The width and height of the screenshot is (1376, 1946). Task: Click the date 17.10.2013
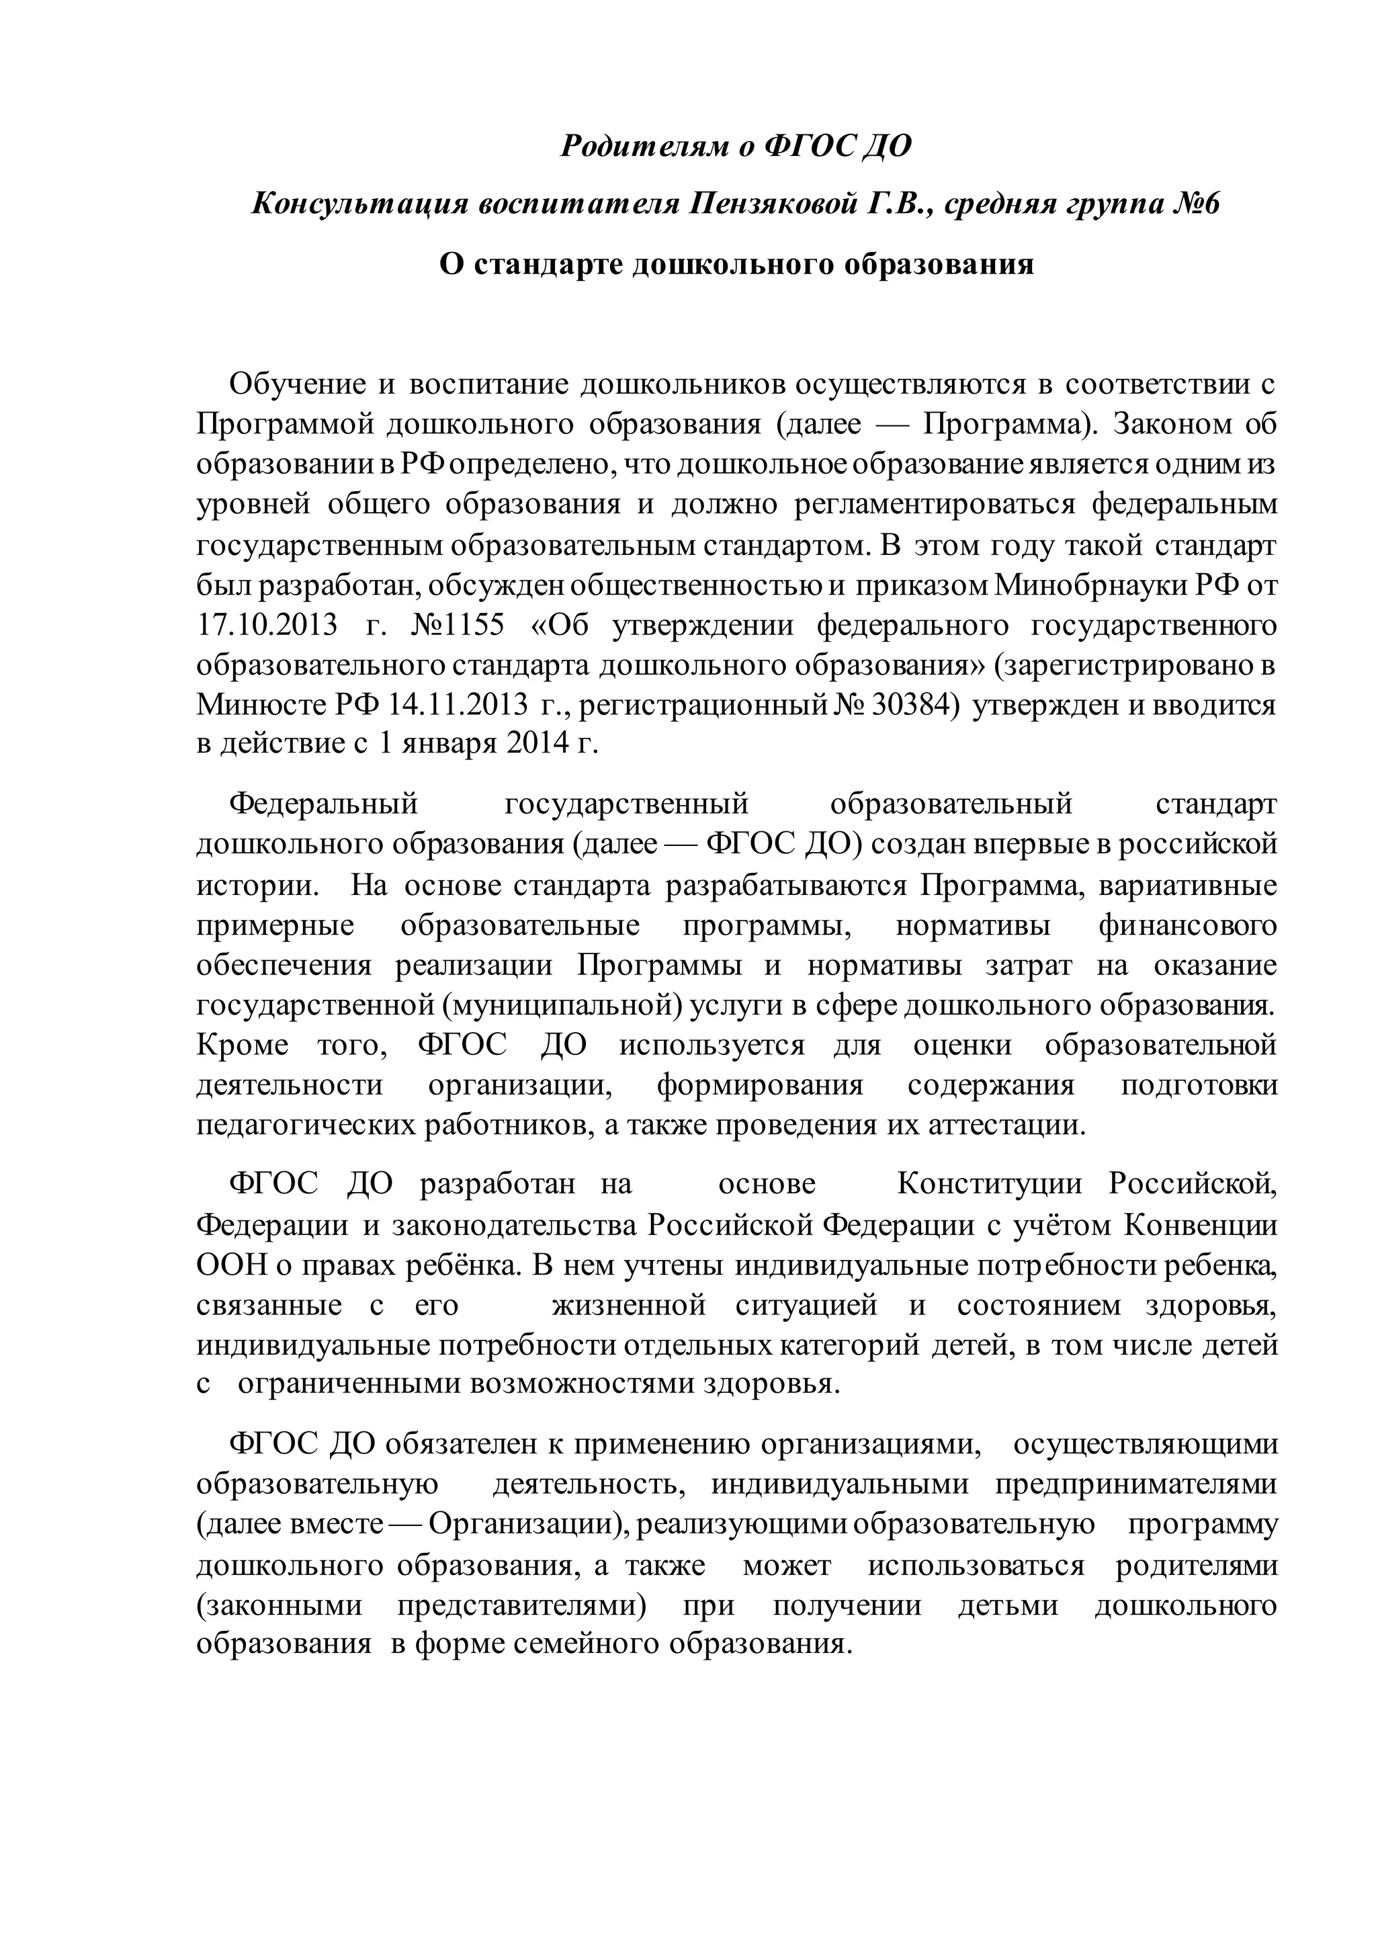(267, 626)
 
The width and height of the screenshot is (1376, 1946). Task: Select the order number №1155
(458, 626)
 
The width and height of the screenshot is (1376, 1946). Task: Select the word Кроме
(243, 1045)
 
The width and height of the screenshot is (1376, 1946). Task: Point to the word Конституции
(989, 1184)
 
